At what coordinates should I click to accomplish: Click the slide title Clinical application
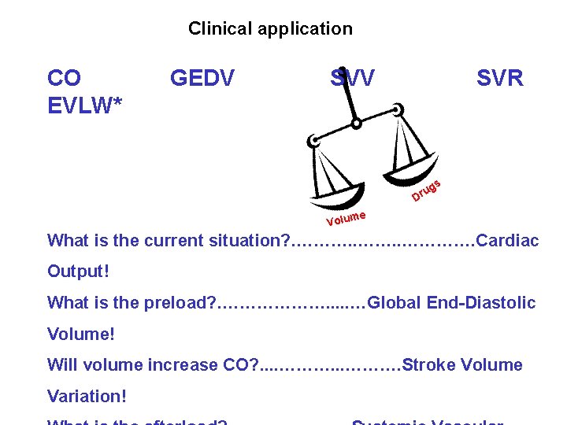coord(270,29)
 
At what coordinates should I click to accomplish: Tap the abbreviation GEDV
coord(202,79)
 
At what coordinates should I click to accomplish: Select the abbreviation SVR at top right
coord(499,79)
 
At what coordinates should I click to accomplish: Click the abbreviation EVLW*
coord(85,104)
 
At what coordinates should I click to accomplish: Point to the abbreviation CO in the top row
coord(64,79)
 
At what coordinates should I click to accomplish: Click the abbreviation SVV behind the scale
coord(352,79)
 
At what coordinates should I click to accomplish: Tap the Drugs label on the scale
coord(424,190)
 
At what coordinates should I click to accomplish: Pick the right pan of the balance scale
coord(418,170)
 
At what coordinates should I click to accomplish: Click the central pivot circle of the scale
coord(357,124)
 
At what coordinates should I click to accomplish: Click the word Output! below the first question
coord(79,272)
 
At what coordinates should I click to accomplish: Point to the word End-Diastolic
coord(485,302)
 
